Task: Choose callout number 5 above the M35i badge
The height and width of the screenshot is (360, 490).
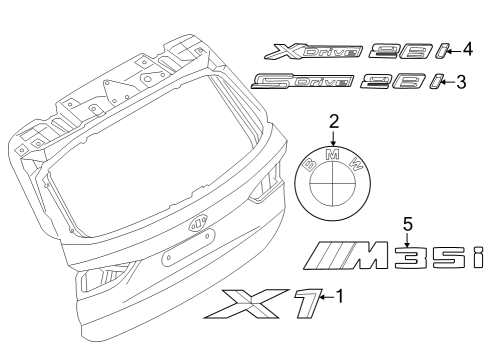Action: (407, 222)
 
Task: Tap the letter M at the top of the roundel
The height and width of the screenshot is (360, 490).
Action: (335, 153)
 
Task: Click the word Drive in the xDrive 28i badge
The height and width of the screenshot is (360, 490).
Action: (331, 50)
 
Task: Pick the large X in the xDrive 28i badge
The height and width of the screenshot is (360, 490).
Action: (285, 48)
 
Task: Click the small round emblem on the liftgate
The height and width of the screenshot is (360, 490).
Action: (196, 225)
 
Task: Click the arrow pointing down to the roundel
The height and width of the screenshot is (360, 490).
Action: (335, 136)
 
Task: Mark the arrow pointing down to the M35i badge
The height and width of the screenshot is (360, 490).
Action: (407, 236)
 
